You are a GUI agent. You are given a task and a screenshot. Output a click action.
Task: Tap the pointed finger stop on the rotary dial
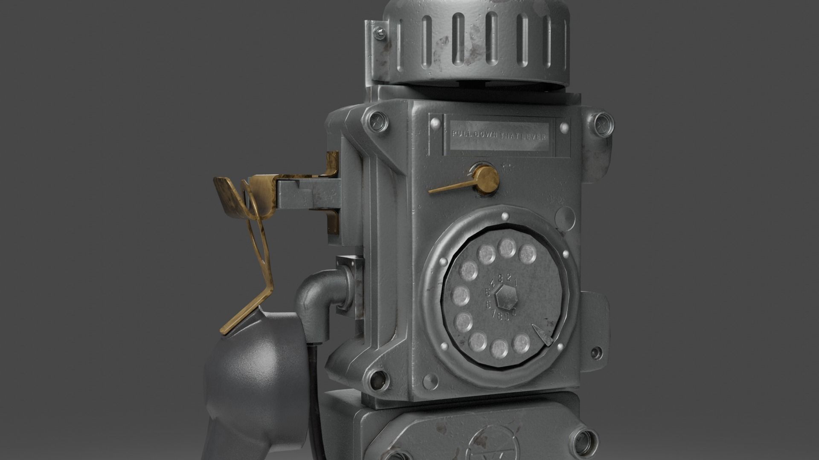point(541,334)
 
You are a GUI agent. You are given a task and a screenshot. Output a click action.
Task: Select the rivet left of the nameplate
point(435,124)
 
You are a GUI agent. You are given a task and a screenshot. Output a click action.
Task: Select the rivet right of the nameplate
point(564,127)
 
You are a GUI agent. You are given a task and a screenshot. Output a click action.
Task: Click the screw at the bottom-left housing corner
point(376,378)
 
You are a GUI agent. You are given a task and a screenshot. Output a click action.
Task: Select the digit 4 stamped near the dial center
point(494,282)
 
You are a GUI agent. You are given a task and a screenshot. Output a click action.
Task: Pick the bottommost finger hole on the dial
point(499,349)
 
